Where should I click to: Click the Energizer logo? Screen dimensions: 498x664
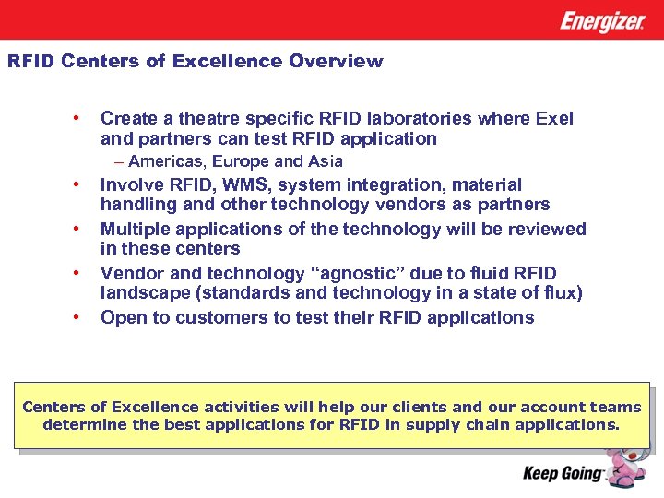coord(602,21)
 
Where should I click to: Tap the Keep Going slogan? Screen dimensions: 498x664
coord(563,474)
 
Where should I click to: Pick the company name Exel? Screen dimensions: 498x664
coord(554,119)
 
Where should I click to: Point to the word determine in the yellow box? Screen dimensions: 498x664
coord(83,425)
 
